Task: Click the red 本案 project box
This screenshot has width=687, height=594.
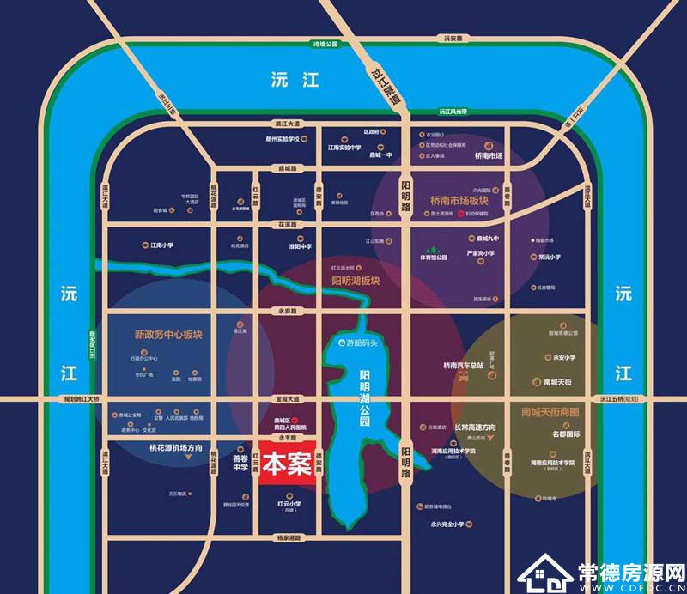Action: click(287, 466)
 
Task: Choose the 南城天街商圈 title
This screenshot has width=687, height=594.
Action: click(551, 411)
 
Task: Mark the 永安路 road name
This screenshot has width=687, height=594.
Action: click(288, 311)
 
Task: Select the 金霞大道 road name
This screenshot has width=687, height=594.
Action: click(288, 399)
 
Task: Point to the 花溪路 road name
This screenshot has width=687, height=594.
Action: click(288, 224)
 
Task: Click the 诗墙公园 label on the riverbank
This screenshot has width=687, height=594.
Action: click(326, 44)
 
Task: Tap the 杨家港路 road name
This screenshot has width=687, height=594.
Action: click(288, 538)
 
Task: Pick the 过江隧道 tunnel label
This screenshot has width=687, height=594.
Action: click(384, 86)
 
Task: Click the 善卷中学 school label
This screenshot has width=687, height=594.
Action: click(239, 464)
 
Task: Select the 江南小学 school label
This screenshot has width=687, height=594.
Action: click(161, 245)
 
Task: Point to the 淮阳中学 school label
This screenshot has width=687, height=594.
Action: click(300, 245)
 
